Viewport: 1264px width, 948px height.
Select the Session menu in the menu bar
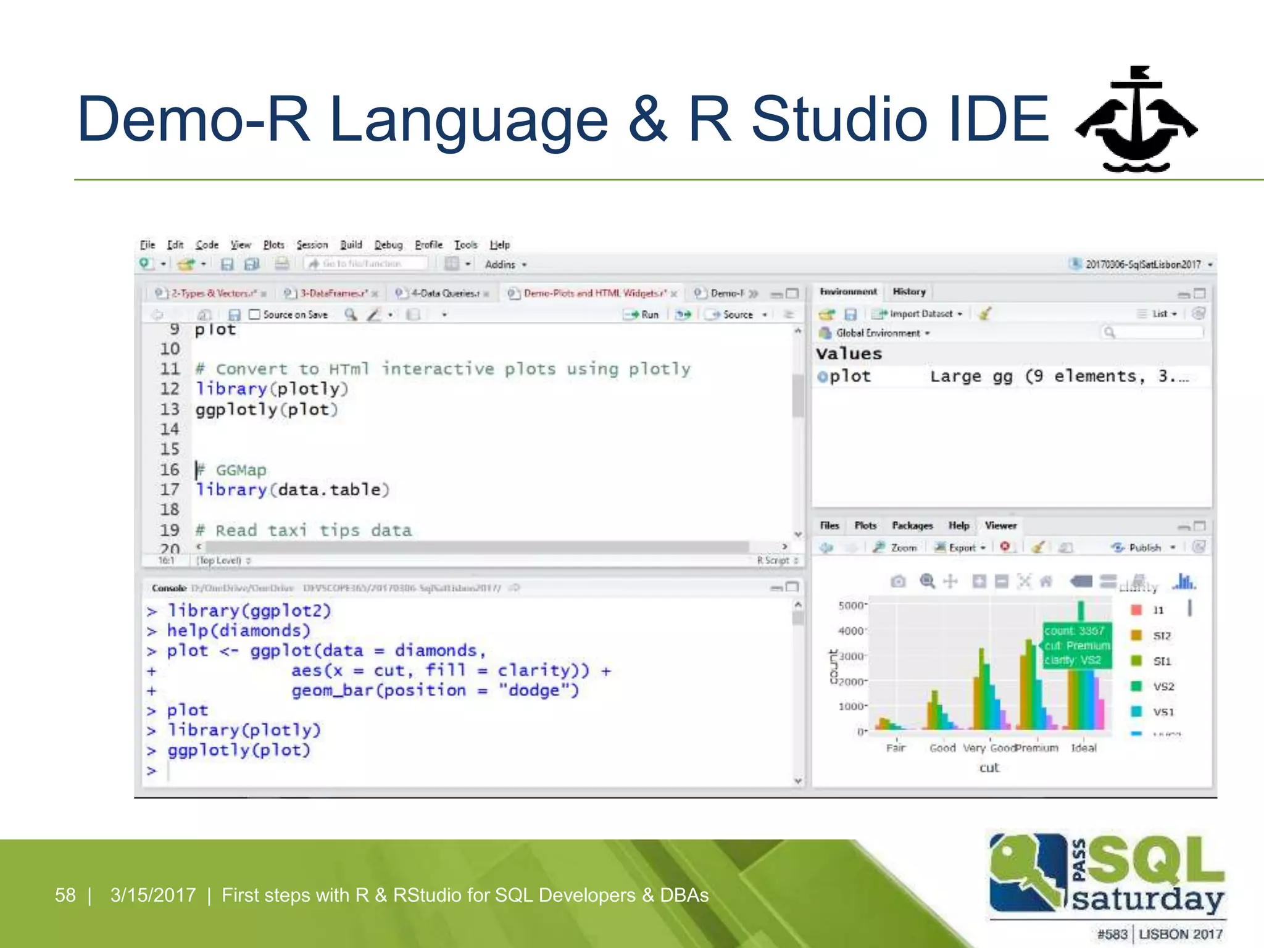(x=312, y=245)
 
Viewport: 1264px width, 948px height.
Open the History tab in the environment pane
(x=908, y=292)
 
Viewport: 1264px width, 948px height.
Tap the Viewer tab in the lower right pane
(x=1000, y=526)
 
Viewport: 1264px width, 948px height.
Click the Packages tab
(x=912, y=526)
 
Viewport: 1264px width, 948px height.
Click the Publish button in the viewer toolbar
(x=1144, y=547)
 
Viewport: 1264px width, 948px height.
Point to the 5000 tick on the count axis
(x=851, y=605)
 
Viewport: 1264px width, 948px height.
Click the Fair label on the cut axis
(x=896, y=748)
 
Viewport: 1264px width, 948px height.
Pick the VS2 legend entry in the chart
(x=1163, y=686)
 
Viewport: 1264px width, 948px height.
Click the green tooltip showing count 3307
(x=1076, y=646)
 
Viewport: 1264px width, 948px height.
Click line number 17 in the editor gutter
(x=170, y=490)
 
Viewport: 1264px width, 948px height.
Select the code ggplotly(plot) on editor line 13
(x=267, y=410)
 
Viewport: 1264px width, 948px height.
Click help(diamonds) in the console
(x=238, y=631)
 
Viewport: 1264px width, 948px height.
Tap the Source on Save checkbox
(x=254, y=315)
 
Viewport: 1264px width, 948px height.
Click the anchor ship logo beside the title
(x=1136, y=120)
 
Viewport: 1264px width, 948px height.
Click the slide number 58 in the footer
(x=65, y=895)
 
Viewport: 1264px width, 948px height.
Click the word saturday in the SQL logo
(x=1147, y=899)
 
